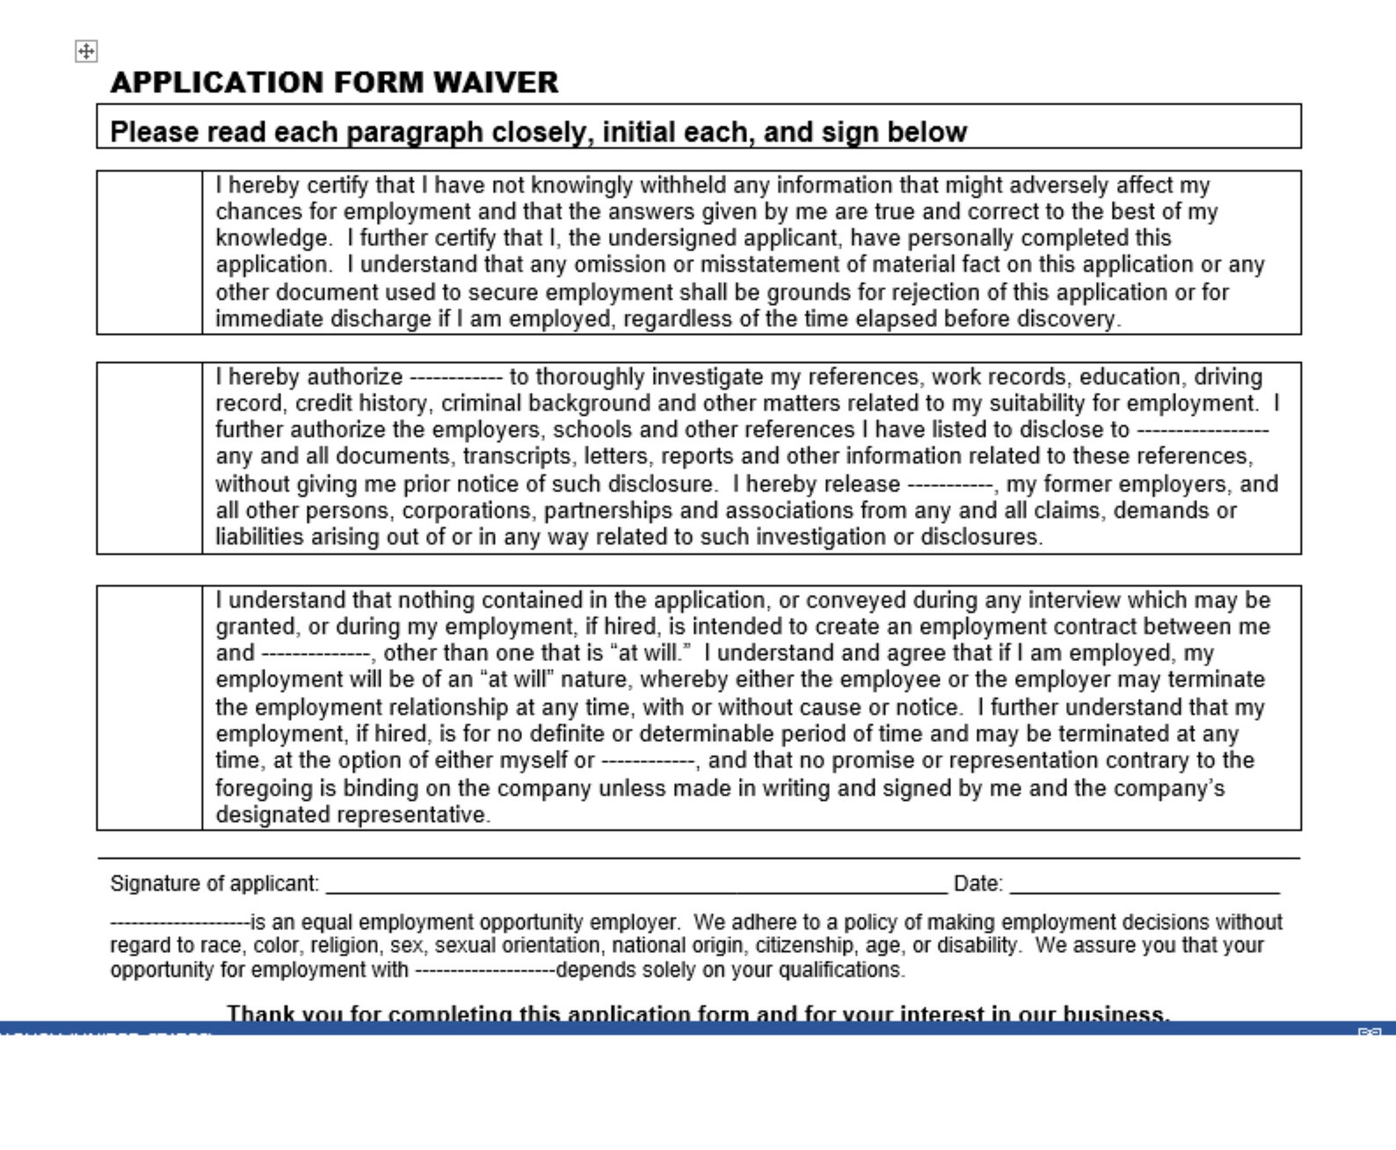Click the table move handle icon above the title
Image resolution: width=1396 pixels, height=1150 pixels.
(x=86, y=52)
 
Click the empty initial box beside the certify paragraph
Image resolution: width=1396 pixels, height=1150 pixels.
(x=149, y=252)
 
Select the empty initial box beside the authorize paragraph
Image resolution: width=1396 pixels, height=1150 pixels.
(x=149, y=458)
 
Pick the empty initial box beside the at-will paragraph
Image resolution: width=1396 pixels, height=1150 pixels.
(x=149, y=708)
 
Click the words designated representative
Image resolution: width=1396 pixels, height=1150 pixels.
(x=352, y=815)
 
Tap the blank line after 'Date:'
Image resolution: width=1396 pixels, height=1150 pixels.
(x=1144, y=884)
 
